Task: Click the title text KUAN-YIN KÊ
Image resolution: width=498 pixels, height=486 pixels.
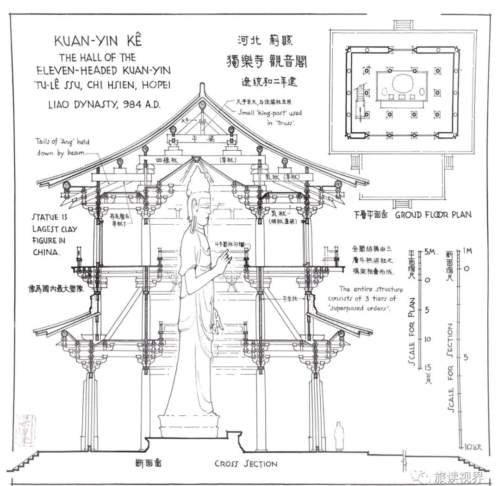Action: (98, 41)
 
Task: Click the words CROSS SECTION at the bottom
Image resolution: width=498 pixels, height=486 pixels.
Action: (246, 463)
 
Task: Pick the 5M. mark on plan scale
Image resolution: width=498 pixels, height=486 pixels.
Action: (430, 252)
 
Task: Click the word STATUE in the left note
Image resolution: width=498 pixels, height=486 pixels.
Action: (45, 217)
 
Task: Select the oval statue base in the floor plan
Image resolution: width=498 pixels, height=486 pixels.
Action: (401, 85)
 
